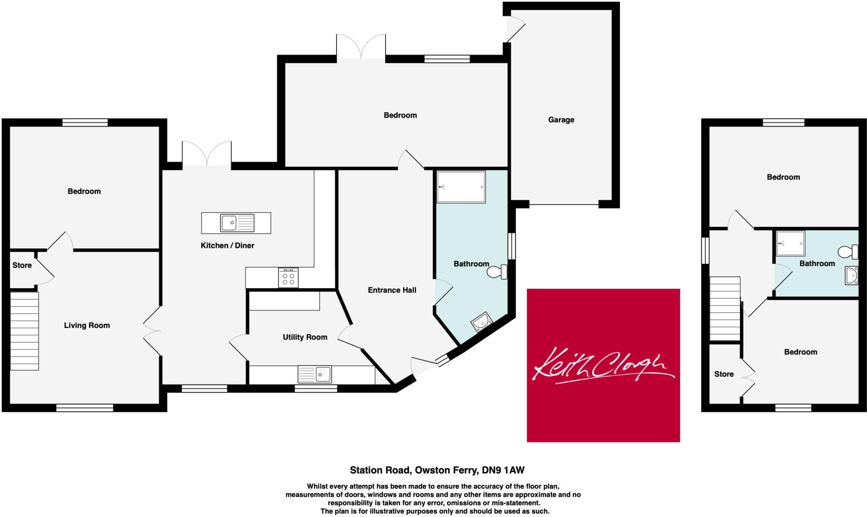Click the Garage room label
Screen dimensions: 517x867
point(561,120)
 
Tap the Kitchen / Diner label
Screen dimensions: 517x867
point(227,246)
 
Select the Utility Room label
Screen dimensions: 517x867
point(305,337)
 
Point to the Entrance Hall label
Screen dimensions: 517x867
point(392,290)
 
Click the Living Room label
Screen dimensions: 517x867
point(87,325)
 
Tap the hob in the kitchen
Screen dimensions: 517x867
point(288,278)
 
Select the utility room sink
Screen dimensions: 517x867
point(315,374)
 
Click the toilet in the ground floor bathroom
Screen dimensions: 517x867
point(497,272)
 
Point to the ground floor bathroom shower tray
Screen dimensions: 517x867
point(461,187)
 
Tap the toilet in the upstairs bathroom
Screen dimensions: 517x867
point(848,252)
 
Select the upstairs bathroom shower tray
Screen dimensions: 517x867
point(790,244)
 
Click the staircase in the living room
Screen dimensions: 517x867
point(25,331)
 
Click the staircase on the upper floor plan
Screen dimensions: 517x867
point(725,309)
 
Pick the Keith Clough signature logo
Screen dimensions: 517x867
point(603,365)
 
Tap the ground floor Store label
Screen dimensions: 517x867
point(22,265)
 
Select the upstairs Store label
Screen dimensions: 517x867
point(724,374)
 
